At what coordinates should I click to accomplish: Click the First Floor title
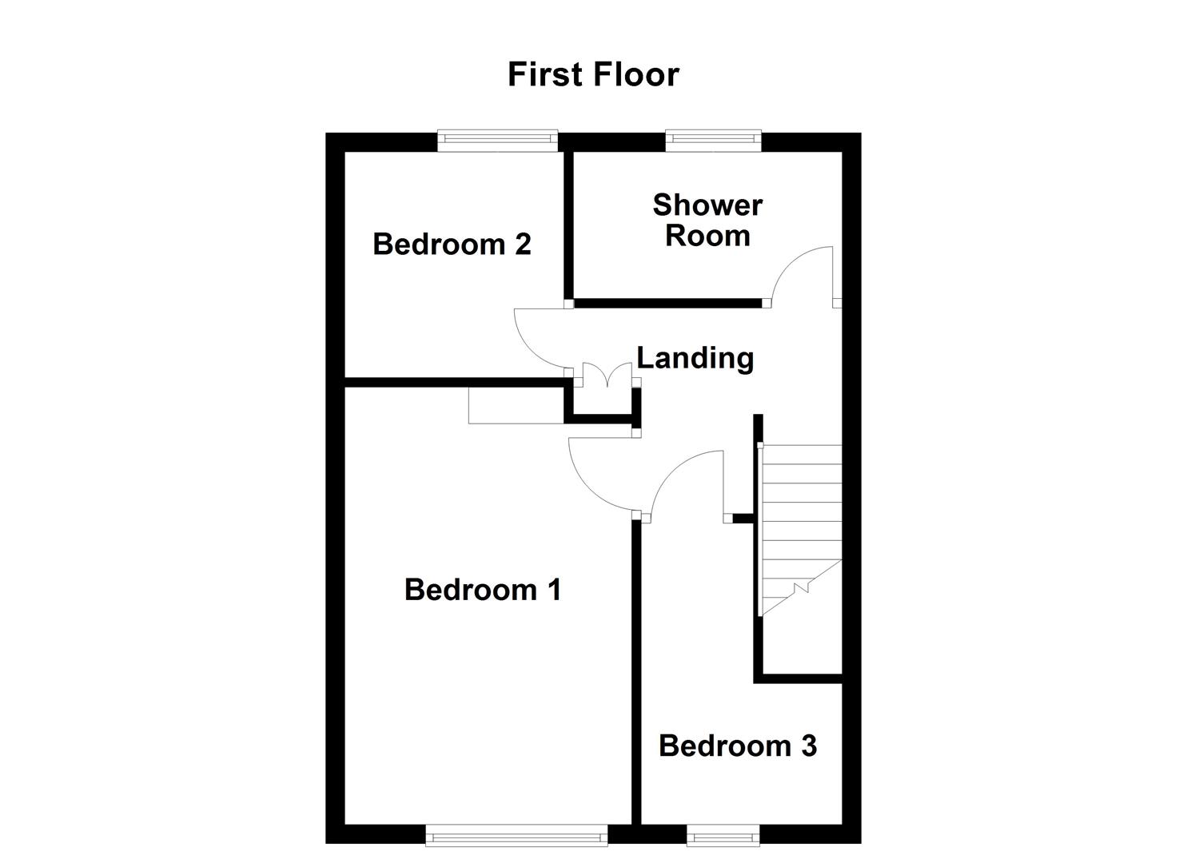coord(593,74)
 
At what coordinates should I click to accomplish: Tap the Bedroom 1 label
coord(483,590)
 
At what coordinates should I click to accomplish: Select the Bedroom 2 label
coord(452,244)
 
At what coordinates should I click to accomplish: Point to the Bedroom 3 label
coord(737,746)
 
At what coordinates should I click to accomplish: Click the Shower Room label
coord(707,221)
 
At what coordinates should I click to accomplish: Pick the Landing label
coord(695,357)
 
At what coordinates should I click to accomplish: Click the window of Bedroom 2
coord(497,141)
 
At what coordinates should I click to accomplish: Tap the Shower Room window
coord(714,141)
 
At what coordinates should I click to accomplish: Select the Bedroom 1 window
coord(516,836)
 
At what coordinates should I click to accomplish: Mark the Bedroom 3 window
coord(723,836)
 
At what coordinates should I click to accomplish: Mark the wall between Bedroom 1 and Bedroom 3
coord(636,671)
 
